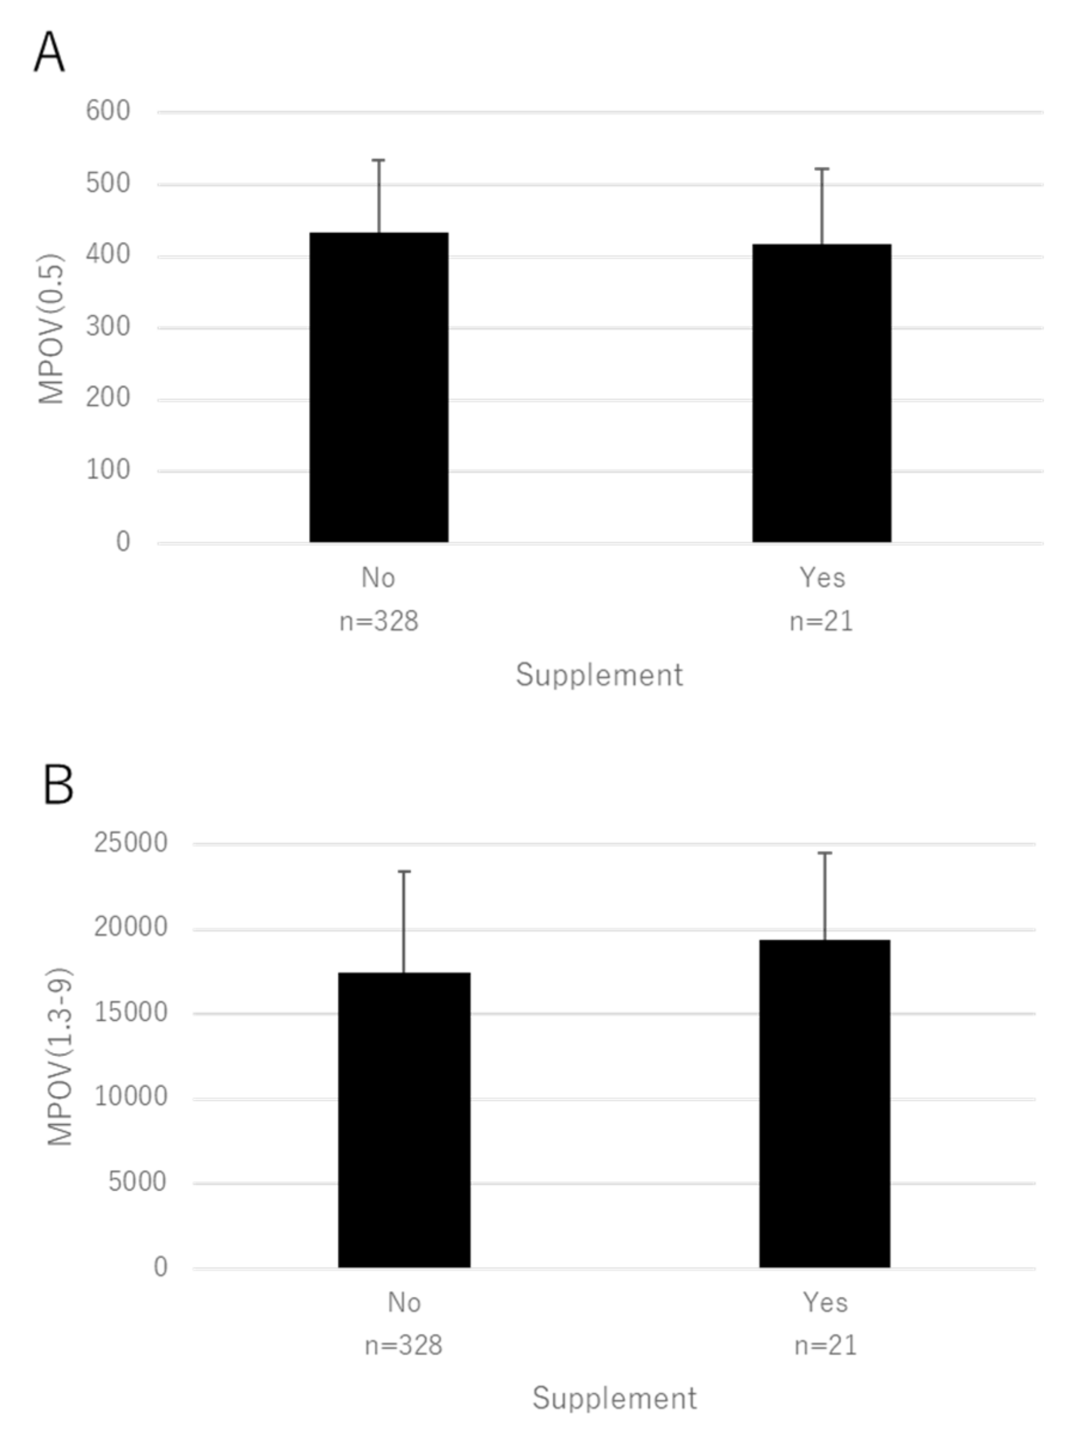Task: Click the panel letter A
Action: [x=50, y=53]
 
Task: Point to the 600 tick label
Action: [x=107, y=111]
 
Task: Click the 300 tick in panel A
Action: [x=107, y=327]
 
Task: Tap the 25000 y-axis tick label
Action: [x=130, y=843]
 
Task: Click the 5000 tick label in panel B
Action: [x=137, y=1182]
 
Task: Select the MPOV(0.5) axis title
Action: [x=51, y=329]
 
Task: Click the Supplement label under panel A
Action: [x=599, y=675]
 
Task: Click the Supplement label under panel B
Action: [x=614, y=1398]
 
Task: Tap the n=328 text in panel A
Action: [x=379, y=621]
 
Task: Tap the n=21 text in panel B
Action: [x=825, y=1346]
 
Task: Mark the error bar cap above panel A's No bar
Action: [x=379, y=160]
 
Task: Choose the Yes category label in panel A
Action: [x=822, y=577]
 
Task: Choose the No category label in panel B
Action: [x=404, y=1302]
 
